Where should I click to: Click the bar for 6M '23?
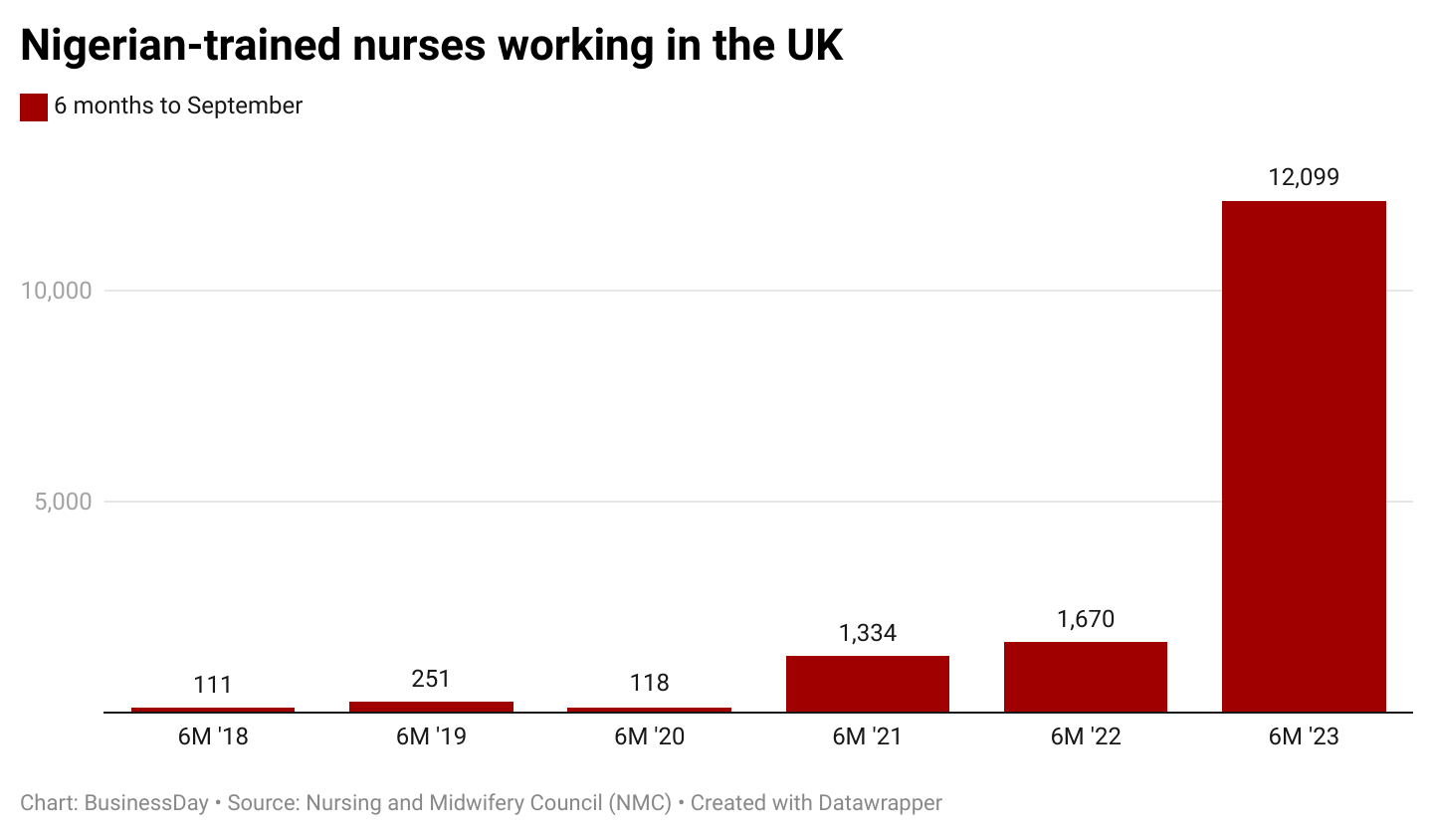click(x=1304, y=456)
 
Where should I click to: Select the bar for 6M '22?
click(x=1085, y=677)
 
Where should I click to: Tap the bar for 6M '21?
click(x=867, y=684)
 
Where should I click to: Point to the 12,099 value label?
click(x=1304, y=178)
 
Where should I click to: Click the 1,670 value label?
click(x=1085, y=619)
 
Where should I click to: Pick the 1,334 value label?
click(x=867, y=633)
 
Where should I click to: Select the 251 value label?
click(x=431, y=679)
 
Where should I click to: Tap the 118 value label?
click(x=649, y=684)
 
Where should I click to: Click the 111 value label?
click(x=213, y=685)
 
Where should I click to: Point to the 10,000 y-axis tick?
click(x=56, y=291)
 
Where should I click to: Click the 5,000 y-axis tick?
click(x=63, y=502)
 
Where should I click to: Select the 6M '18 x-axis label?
click(x=213, y=737)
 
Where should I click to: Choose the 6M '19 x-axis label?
click(x=431, y=737)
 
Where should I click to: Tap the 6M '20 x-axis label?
click(x=649, y=737)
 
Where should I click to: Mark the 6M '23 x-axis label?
click(x=1304, y=737)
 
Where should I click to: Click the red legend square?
click(x=34, y=106)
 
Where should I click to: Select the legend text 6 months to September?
click(x=178, y=105)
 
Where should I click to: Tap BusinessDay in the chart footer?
click(x=146, y=802)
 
